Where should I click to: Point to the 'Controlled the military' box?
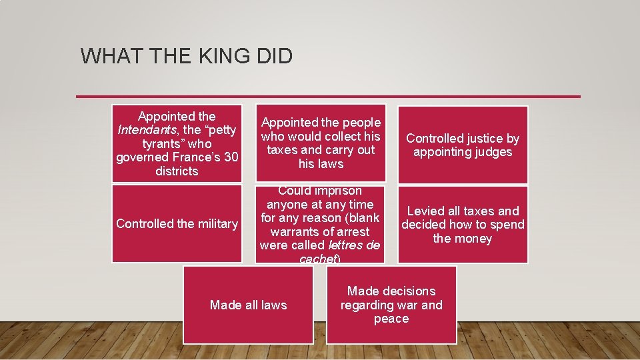[177, 224]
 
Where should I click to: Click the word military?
[214, 224]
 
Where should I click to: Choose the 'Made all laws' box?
[248, 305]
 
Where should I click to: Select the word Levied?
[427, 211]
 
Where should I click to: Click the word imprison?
[340, 191]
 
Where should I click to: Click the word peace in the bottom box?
[391, 319]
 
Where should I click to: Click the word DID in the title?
[273, 56]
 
